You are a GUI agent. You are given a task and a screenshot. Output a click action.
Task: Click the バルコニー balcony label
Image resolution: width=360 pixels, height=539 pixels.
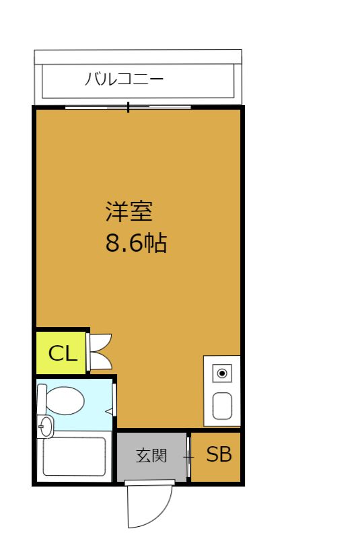pyautogui.click(x=124, y=79)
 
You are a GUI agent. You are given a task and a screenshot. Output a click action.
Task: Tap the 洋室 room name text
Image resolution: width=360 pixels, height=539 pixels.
pyautogui.click(x=129, y=211)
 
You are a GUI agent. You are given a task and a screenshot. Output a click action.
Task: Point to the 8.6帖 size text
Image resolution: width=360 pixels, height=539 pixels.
pyautogui.click(x=136, y=243)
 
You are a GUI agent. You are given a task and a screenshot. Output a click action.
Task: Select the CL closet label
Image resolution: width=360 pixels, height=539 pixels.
pyautogui.click(x=63, y=353)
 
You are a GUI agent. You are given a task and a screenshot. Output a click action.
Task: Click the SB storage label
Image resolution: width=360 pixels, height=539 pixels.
pyautogui.click(x=219, y=454)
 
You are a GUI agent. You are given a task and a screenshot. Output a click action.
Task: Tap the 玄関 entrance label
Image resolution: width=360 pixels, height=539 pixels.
pyautogui.click(x=151, y=456)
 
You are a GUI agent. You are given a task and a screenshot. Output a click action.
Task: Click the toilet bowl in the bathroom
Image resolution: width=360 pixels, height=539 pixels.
pyautogui.click(x=65, y=400)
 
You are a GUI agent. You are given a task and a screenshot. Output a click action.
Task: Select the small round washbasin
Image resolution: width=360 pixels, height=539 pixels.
pyautogui.click(x=45, y=427)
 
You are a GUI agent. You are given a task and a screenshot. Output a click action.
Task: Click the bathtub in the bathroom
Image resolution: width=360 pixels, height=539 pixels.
pyautogui.click(x=74, y=456)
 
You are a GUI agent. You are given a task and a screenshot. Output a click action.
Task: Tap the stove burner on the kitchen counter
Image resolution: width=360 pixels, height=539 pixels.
pyautogui.click(x=222, y=373)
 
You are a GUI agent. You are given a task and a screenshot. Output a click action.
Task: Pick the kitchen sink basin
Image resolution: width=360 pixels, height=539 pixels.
pyautogui.click(x=222, y=406)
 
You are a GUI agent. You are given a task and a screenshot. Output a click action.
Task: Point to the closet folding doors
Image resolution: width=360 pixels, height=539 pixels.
pyautogui.click(x=100, y=351)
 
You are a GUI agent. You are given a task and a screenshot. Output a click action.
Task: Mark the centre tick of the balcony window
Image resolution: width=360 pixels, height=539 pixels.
pyautogui.click(x=129, y=107)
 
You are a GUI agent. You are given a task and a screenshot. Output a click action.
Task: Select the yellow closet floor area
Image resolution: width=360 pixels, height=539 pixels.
pyautogui.click(x=61, y=353)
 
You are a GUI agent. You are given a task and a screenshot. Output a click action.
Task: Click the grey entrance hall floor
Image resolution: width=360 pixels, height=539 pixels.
pyautogui.click(x=151, y=456)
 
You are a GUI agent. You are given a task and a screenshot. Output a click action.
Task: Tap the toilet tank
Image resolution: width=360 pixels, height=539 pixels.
pyautogui.click(x=42, y=400)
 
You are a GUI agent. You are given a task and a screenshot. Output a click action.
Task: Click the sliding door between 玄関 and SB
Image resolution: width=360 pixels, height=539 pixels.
pyautogui.click(x=188, y=457)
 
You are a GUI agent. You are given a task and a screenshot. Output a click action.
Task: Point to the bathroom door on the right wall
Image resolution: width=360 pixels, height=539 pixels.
pyautogui.click(x=114, y=400)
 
